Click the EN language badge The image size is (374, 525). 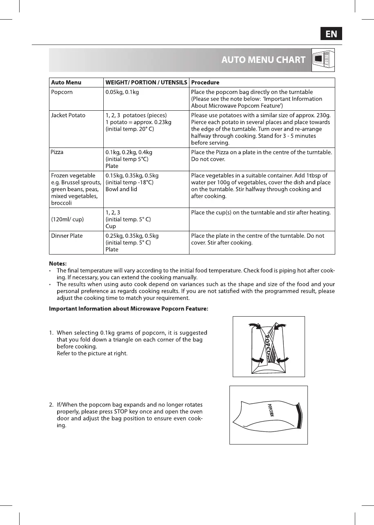(331, 34)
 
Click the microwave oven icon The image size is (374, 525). (323, 60)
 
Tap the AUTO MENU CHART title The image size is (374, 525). (263, 60)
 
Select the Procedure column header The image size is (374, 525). (205, 83)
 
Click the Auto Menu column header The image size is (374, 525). (66, 83)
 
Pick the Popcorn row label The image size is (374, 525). (62, 92)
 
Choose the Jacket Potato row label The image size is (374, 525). (68, 115)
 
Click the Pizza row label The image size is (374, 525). (58, 152)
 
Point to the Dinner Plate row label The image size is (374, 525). (67, 236)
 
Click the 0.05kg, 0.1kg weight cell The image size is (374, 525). (122, 92)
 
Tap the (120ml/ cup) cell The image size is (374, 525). (67, 219)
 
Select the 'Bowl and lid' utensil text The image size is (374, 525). (121, 189)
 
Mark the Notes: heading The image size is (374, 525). (58, 264)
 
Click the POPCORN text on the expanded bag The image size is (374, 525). (271, 410)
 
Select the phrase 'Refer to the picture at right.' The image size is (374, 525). (92, 353)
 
